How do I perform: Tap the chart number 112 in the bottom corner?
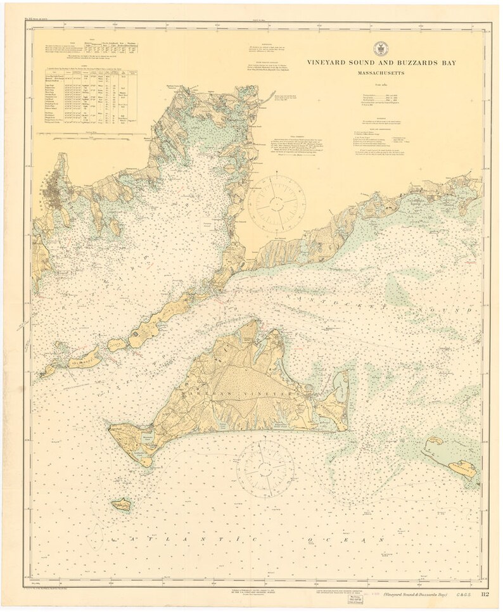(x=485, y=594)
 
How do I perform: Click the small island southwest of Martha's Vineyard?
(x=121, y=504)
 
